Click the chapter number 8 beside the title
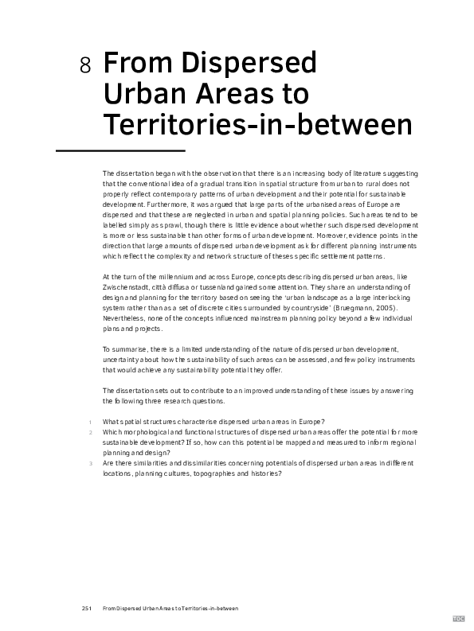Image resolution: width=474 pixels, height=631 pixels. tap(86, 66)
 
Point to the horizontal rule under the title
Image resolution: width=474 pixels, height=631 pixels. tap(120, 150)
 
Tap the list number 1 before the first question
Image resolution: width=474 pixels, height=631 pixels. tap(91, 422)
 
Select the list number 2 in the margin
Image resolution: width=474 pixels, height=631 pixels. tap(91, 432)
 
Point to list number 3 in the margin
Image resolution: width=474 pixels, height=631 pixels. tap(91, 463)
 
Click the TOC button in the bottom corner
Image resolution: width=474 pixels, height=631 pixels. tap(459, 617)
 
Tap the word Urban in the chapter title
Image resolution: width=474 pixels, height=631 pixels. tap(139, 93)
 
